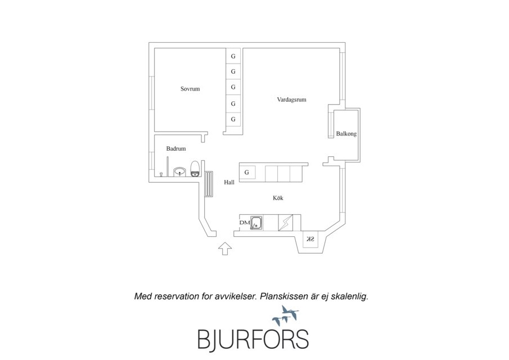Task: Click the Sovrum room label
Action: pyautogui.click(x=190, y=89)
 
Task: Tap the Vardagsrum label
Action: pyautogui.click(x=291, y=100)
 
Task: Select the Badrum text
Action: pyautogui.click(x=176, y=148)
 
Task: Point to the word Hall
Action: pyautogui.click(x=229, y=182)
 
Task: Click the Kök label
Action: pyautogui.click(x=278, y=198)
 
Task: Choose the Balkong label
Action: pyautogui.click(x=346, y=134)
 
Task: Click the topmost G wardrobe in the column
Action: pyautogui.click(x=233, y=56)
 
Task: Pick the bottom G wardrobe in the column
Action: pyautogui.click(x=233, y=119)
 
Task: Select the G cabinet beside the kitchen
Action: pyautogui.click(x=247, y=172)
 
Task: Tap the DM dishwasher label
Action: pyautogui.click(x=244, y=223)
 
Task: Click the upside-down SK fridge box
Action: pyautogui.click(x=310, y=240)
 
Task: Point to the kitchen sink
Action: pyautogui.click(x=256, y=223)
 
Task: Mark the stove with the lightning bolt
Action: pyautogui.click(x=286, y=223)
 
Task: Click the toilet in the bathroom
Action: pyautogui.click(x=195, y=168)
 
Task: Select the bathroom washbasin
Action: pyautogui.click(x=180, y=171)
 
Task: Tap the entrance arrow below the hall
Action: pyautogui.click(x=225, y=247)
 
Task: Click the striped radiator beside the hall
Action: pyautogui.click(x=209, y=184)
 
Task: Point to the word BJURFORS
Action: pyautogui.click(x=253, y=339)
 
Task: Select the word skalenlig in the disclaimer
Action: pyautogui.click(x=349, y=295)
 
